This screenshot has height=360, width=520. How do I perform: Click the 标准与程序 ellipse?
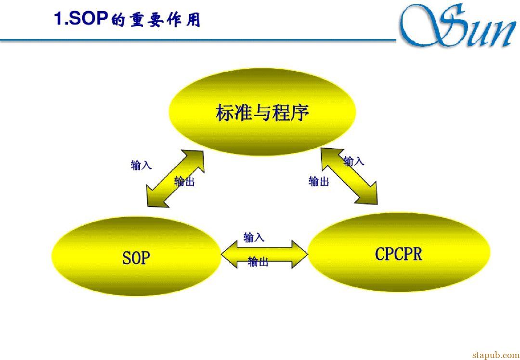point(262,112)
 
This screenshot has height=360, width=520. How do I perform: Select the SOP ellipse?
point(136,256)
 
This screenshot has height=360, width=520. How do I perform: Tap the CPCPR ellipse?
point(399,253)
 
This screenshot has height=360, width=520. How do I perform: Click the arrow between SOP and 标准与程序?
point(175,179)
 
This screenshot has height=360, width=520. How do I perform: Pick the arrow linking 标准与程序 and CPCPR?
point(349,176)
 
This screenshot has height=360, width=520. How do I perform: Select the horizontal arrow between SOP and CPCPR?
point(265,254)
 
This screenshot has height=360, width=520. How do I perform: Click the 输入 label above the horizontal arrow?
point(254,237)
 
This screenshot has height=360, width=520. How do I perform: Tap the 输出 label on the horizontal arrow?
point(258,262)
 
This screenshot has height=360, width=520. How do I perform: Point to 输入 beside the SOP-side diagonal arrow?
point(141,165)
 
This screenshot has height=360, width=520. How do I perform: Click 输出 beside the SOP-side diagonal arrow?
point(184,181)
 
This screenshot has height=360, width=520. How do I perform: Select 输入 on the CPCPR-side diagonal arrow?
point(354,161)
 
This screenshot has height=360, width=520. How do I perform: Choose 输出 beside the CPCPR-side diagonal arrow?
point(319,181)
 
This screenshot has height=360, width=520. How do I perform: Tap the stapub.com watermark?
point(495,355)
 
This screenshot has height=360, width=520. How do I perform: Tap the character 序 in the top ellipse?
point(299,113)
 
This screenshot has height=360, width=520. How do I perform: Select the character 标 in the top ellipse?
point(225,113)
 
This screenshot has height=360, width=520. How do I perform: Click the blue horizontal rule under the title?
point(198,40)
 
